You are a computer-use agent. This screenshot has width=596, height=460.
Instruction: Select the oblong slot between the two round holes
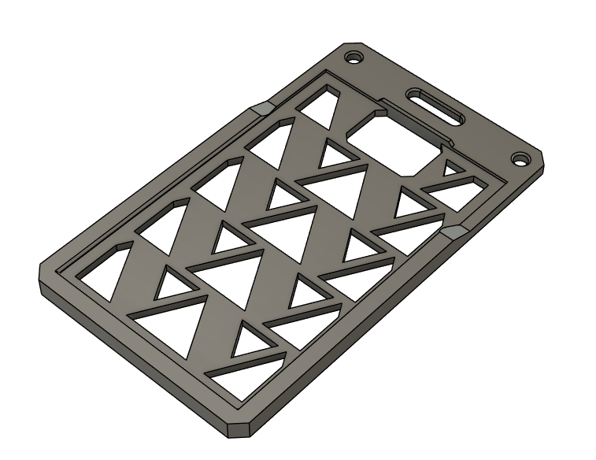point(435,106)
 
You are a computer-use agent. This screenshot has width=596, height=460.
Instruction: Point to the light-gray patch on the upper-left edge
point(261,108)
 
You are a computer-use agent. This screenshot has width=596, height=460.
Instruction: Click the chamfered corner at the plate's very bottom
point(239,429)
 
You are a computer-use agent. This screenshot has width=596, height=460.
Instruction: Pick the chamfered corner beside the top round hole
point(347,46)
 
